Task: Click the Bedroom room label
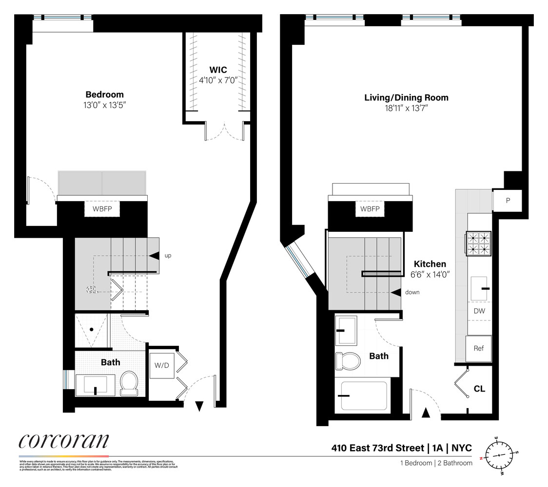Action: tap(104, 94)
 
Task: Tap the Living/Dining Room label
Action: tap(406, 97)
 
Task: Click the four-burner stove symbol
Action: tap(479, 243)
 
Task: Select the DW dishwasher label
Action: tap(479, 310)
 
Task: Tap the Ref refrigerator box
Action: tap(479, 349)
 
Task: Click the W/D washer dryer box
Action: tap(161, 365)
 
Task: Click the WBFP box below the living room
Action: tap(370, 209)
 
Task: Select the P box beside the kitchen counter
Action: tap(508, 200)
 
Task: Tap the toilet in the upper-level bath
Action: tap(348, 360)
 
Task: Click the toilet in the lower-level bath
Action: tap(129, 382)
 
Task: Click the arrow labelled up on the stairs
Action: tap(155, 256)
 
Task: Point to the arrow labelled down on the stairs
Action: tap(396, 292)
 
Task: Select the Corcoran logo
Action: tap(64, 442)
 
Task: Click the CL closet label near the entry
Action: tap(479, 389)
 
